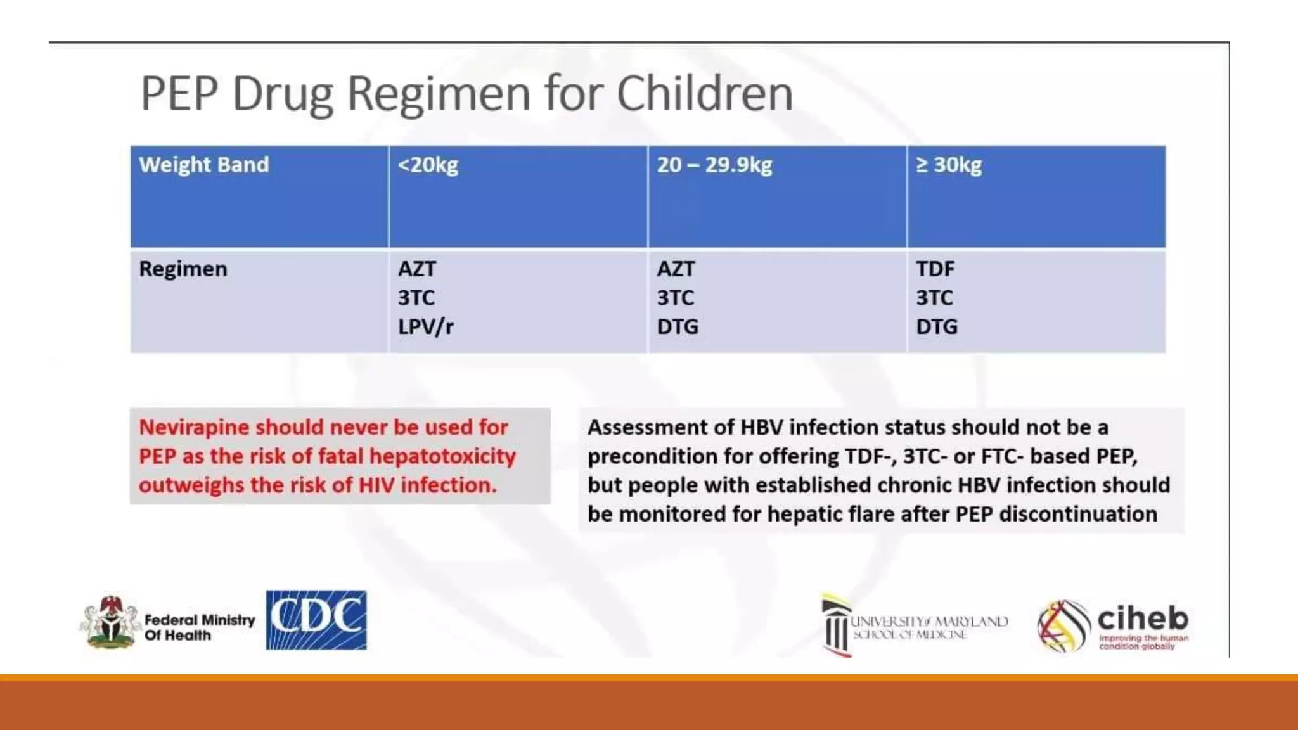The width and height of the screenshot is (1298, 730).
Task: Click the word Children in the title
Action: pyautogui.click(x=704, y=94)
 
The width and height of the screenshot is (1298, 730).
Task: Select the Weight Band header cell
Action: pyautogui.click(x=203, y=165)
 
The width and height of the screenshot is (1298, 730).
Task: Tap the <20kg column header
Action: pyautogui.click(x=428, y=165)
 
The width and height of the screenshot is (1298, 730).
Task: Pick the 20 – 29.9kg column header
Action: pyautogui.click(x=714, y=165)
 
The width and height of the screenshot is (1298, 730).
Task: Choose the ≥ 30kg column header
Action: pyautogui.click(x=949, y=165)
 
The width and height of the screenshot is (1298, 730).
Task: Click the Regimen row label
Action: pyautogui.click(x=183, y=269)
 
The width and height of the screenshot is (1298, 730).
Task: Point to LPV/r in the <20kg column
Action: pyautogui.click(x=425, y=327)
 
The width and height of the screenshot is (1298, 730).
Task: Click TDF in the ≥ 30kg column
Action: pyautogui.click(x=935, y=269)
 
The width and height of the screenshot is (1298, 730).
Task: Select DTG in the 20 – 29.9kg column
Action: pyautogui.click(x=678, y=327)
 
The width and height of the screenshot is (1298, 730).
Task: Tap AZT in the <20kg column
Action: pyautogui.click(x=416, y=269)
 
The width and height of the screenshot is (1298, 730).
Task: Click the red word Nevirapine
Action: pyautogui.click(x=194, y=428)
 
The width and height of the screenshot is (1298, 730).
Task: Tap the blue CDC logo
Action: pyautogui.click(x=316, y=620)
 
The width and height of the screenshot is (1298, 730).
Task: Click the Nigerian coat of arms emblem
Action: pyautogui.click(x=111, y=622)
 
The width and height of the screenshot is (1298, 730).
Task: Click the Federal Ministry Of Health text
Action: pyautogui.click(x=199, y=627)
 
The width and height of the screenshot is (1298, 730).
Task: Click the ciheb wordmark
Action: pyautogui.click(x=1142, y=618)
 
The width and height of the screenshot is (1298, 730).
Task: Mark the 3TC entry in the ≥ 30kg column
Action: pyautogui.click(x=934, y=298)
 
